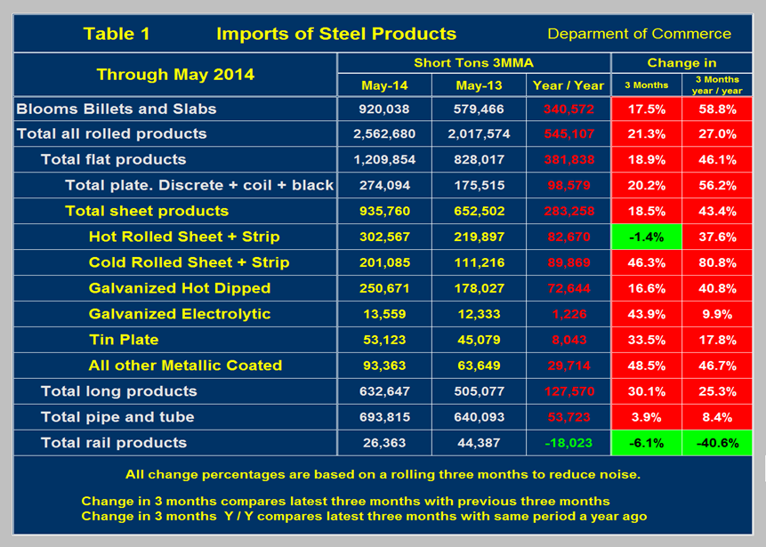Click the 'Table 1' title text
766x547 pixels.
pyautogui.click(x=117, y=34)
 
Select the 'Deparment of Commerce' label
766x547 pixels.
pyautogui.click(x=639, y=34)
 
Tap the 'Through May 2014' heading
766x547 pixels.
pyautogui.click(x=175, y=74)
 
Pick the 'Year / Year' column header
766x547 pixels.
pyautogui.click(x=568, y=85)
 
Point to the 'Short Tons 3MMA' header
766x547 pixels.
pyautogui.click(x=473, y=63)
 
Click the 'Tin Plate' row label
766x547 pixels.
pyautogui.click(x=124, y=340)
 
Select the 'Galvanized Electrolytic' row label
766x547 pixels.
pyautogui.click(x=180, y=314)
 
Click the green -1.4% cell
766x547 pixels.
pyautogui.click(x=647, y=237)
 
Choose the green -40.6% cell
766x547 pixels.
pyautogui.click(x=717, y=443)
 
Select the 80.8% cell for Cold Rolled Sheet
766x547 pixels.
pyautogui.click(x=717, y=262)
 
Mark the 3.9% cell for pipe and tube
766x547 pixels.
pyautogui.click(x=647, y=417)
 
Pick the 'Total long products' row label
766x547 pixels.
pyautogui.click(x=119, y=391)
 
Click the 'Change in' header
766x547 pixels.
pyautogui.click(x=681, y=63)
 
